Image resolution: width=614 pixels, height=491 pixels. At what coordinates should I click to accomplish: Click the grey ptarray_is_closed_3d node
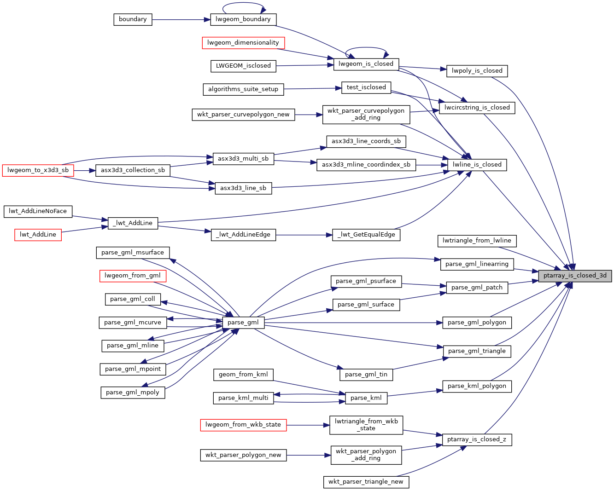pyautogui.click(x=575, y=276)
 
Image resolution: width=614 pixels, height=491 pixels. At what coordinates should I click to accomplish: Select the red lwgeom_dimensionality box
pyautogui.click(x=243, y=43)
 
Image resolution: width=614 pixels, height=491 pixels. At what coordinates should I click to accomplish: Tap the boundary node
pyautogui.click(x=133, y=19)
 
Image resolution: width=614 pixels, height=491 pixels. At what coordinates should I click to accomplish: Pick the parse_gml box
pyautogui.click(x=243, y=323)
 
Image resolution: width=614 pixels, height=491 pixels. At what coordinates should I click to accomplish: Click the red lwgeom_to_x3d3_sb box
pyautogui.click(x=38, y=170)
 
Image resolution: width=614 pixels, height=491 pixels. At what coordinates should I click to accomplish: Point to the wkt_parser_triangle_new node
pyautogui.click(x=366, y=482)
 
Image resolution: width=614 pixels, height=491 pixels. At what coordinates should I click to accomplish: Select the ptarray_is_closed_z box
pyautogui.click(x=477, y=439)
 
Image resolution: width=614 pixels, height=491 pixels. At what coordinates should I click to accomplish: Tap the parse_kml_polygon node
pyautogui.click(x=477, y=386)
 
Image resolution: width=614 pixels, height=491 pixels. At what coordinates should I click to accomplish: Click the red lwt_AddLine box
pyautogui.click(x=38, y=235)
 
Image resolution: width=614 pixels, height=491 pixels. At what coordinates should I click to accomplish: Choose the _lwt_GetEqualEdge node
pyautogui.click(x=366, y=235)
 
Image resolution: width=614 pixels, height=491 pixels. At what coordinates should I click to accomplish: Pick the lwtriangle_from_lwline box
pyautogui.click(x=477, y=241)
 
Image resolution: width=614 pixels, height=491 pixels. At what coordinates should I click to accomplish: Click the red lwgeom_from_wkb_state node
pyautogui.click(x=243, y=425)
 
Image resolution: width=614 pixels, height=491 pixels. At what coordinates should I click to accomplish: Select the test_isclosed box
pyautogui.click(x=366, y=87)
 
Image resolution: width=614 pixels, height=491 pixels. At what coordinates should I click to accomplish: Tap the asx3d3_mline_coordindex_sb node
pyautogui.click(x=366, y=165)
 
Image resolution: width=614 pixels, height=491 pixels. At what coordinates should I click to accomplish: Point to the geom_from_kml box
pyautogui.click(x=243, y=375)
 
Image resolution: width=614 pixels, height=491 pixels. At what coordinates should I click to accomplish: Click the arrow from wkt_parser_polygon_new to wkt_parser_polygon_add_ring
pyautogui.click(x=309, y=455)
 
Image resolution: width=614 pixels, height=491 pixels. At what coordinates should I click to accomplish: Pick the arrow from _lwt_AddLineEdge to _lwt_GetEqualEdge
pyautogui.click(x=304, y=235)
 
